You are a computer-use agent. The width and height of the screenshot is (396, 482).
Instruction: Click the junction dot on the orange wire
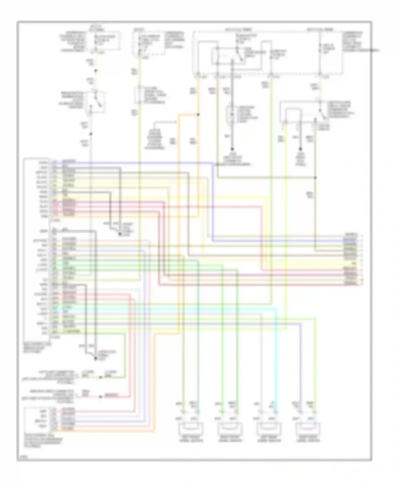click(198, 114)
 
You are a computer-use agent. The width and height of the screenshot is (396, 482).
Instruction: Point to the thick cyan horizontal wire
click(185, 309)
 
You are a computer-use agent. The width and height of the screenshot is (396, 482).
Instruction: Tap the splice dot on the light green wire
click(100, 377)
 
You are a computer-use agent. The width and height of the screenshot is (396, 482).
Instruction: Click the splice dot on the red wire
click(100, 397)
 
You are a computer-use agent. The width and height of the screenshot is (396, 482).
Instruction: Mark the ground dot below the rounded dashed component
click(232, 149)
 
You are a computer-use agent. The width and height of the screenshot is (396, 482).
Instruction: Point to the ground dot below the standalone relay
click(300, 149)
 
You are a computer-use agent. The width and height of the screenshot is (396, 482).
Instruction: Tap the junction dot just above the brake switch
click(96, 71)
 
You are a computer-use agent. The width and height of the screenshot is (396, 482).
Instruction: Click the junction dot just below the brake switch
click(91, 134)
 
